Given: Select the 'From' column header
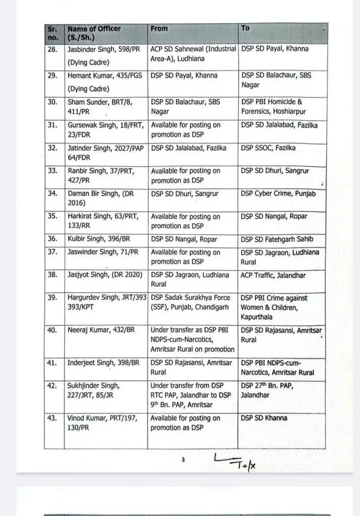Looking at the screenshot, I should point(159,29).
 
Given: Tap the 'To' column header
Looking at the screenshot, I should point(245,28).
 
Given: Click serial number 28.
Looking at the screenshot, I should point(52,49).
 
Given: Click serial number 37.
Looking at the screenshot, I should point(52,252).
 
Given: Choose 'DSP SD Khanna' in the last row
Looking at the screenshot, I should point(264,418).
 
